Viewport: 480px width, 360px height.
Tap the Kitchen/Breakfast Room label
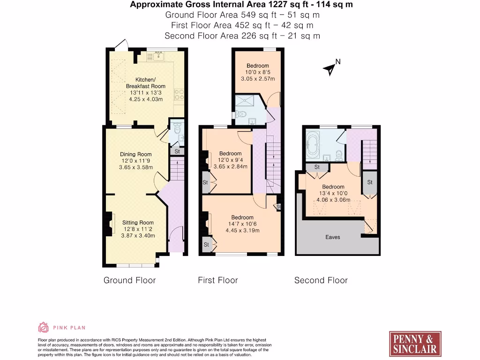point(145,83)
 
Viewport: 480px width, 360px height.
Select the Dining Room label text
point(136,154)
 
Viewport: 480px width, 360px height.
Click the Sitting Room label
point(138,223)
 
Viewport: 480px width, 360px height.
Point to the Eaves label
point(333,237)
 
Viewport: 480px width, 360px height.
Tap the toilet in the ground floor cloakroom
point(176,129)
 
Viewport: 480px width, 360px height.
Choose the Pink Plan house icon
point(43,327)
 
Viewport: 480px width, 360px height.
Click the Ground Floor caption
point(129,280)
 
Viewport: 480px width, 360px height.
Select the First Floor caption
point(218,280)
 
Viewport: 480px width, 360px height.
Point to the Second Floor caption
point(321,280)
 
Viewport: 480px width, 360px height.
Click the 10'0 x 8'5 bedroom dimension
point(258,72)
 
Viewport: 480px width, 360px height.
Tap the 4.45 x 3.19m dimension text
point(242,230)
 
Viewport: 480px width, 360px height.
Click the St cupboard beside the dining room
point(177,151)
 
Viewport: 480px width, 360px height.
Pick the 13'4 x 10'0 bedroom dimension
point(333,193)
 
